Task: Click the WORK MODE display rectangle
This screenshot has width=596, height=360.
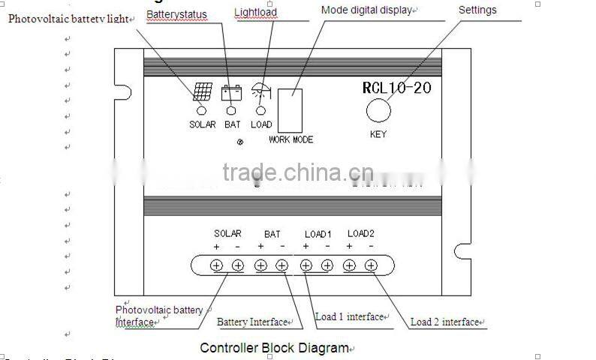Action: point(290,111)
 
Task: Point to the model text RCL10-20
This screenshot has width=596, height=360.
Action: point(396,88)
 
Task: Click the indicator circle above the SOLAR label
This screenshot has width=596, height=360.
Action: point(202,110)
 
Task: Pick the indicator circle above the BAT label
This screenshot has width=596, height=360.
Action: point(232,110)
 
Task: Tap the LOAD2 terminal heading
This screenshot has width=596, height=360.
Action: point(360,234)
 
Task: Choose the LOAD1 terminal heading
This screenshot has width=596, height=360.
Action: point(318,234)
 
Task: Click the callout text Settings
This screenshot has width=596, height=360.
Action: point(477,10)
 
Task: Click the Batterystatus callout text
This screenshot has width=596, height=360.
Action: point(176,14)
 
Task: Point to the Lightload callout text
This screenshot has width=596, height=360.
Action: point(255,12)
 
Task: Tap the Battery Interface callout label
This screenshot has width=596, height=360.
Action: point(252,322)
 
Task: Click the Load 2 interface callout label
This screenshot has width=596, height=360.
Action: point(444,322)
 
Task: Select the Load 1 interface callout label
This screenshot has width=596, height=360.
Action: point(349,317)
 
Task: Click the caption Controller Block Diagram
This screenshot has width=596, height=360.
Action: point(274,348)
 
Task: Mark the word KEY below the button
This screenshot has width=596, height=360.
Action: point(378,134)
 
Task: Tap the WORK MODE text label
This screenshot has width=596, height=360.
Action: point(290,140)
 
